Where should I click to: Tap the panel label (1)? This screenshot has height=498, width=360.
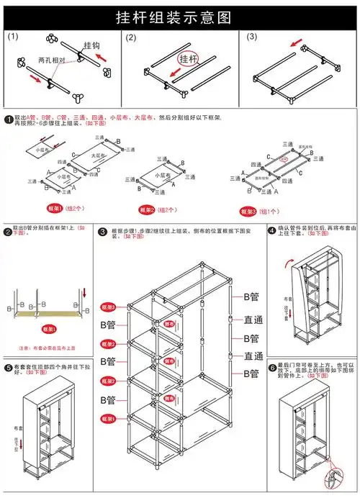pos(12,37)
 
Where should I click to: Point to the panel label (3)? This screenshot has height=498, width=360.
pos(251,37)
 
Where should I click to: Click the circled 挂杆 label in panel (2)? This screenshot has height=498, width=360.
pos(187,58)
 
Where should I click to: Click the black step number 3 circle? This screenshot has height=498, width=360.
pos(103,231)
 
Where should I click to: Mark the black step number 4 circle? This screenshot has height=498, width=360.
pos(272,231)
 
